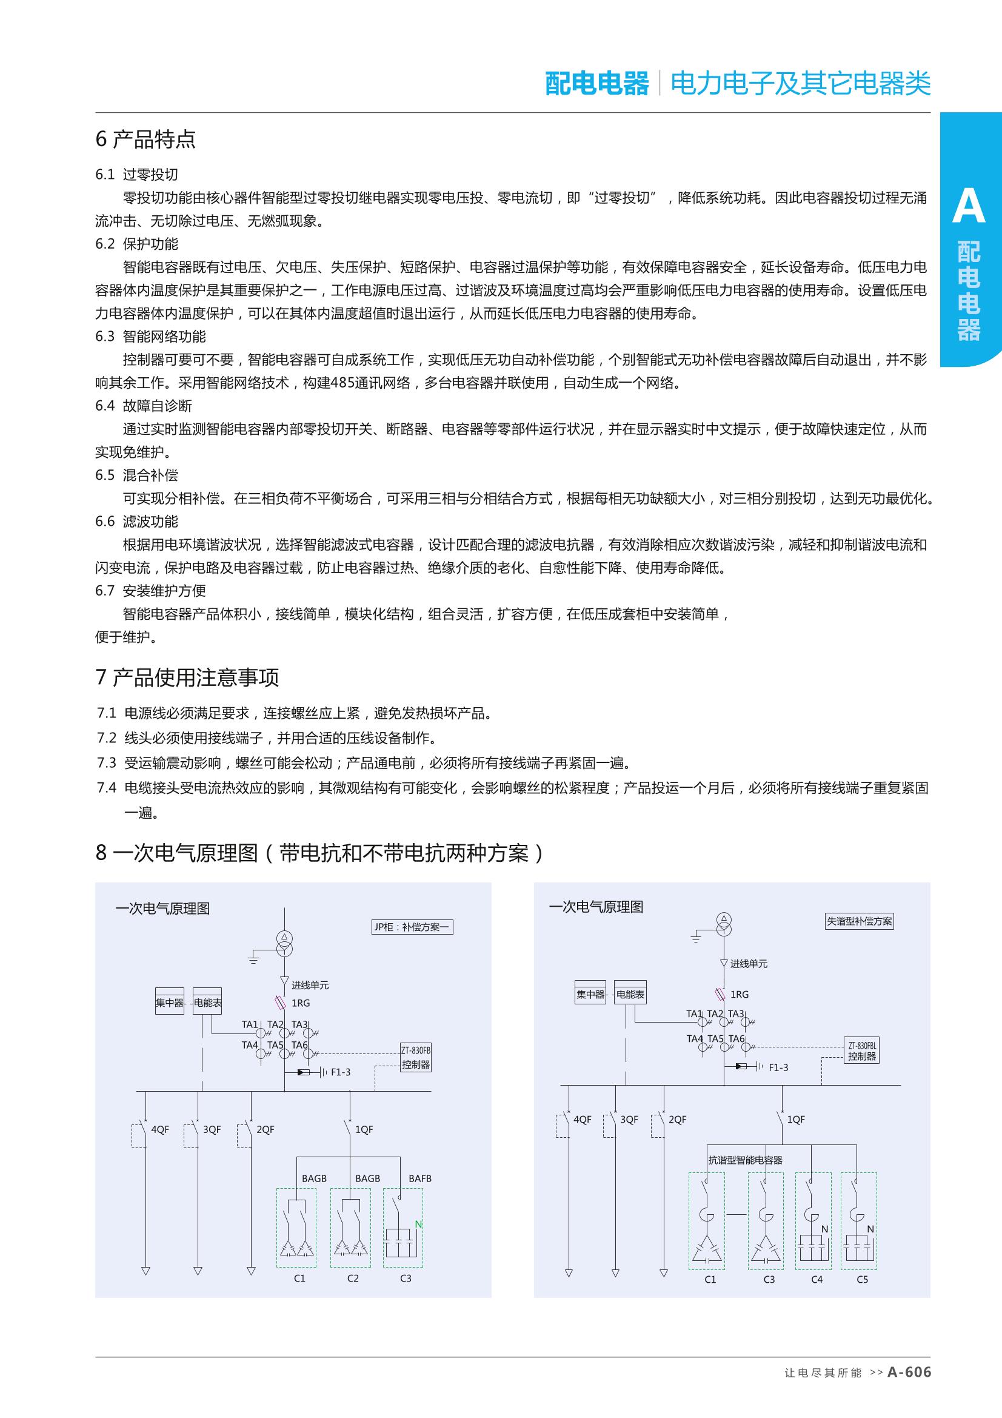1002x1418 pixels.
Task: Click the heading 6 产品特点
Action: point(145,139)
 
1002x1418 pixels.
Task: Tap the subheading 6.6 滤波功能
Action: point(136,522)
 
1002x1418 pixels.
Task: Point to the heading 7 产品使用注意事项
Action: point(187,677)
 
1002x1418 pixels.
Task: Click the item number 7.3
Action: point(106,763)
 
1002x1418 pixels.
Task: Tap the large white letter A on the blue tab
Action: point(968,206)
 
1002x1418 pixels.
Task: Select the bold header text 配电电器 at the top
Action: point(596,83)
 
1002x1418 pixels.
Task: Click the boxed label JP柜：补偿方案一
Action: point(412,927)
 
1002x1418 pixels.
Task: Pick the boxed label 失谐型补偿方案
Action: point(860,921)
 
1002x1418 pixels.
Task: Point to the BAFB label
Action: point(420,1178)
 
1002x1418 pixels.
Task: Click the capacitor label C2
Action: point(353,1279)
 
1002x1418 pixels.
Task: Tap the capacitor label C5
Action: point(862,1280)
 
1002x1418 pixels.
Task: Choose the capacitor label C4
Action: point(816,1280)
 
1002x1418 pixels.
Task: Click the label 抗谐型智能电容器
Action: point(744,1160)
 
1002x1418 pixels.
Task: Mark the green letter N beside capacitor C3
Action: point(418,1224)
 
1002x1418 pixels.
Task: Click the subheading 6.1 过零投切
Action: point(136,175)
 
